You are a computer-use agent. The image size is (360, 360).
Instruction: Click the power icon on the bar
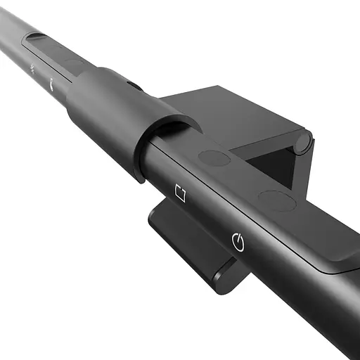pos(238,243)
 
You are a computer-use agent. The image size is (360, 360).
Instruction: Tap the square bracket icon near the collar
pos(180,192)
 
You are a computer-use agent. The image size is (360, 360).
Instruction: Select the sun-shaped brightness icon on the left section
pos(33,68)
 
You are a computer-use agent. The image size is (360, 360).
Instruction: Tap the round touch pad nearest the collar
pos(214,158)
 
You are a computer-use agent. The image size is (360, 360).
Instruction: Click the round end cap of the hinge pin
pos(303,143)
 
